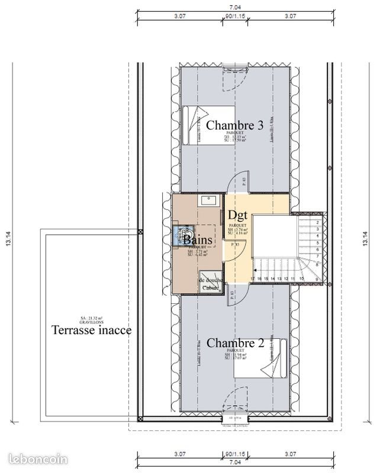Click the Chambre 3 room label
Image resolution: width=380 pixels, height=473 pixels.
tap(235, 125)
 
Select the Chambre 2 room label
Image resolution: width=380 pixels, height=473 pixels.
tap(235, 343)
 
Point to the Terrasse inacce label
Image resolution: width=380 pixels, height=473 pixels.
tap(91, 330)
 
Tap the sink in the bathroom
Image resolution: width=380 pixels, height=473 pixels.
tap(208, 200)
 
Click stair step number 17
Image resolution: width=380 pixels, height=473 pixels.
tap(253, 278)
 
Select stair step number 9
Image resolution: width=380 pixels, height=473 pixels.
tap(317, 278)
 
